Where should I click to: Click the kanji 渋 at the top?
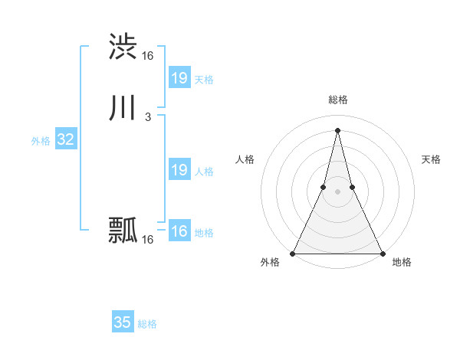pyautogui.click(x=123, y=46)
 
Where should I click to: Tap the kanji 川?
pyautogui.click(x=123, y=108)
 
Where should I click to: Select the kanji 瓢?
pyautogui.click(x=123, y=230)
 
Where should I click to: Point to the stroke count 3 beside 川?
pyautogui.click(x=147, y=117)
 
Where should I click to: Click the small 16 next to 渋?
pyautogui.click(x=147, y=56)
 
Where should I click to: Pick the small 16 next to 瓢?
pyautogui.click(x=147, y=240)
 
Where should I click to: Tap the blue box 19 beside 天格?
pyautogui.click(x=179, y=78)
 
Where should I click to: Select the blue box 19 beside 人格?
pyautogui.click(x=179, y=170)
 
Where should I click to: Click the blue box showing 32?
pyautogui.click(x=65, y=139)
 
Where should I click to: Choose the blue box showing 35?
pyautogui.click(x=123, y=322)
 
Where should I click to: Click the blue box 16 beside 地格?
pyautogui.click(x=179, y=231)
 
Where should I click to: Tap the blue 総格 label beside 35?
pyautogui.click(x=147, y=324)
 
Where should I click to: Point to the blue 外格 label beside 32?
pyautogui.click(x=41, y=141)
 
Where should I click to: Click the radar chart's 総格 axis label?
pyautogui.click(x=337, y=100)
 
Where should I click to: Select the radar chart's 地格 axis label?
pyautogui.click(x=402, y=263)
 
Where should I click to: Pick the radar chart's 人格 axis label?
pyautogui.click(x=245, y=159)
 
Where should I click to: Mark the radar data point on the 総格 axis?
pyautogui.click(x=337, y=129)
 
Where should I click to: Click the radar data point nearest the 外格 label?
pyautogui.click(x=293, y=253)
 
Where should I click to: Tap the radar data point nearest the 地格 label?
pyautogui.click(x=382, y=253)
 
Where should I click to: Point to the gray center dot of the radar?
pyautogui.click(x=337, y=191)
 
